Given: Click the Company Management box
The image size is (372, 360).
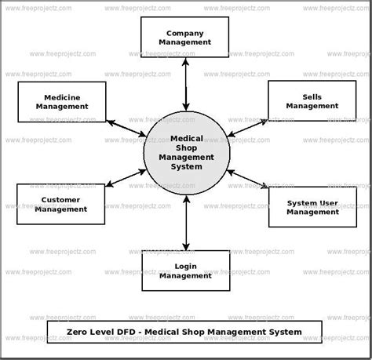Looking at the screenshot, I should [185, 37].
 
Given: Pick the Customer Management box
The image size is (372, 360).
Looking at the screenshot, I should [49, 204].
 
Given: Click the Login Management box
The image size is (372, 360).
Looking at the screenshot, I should [185, 271].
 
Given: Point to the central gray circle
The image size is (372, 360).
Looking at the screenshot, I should [186, 152].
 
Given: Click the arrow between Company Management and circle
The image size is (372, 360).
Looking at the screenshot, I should [186, 82].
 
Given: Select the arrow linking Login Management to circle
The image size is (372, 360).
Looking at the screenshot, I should [186, 223].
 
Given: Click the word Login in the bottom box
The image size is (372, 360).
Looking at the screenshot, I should [185, 266].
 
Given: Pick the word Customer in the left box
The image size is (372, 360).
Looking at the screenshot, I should [49, 199].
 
